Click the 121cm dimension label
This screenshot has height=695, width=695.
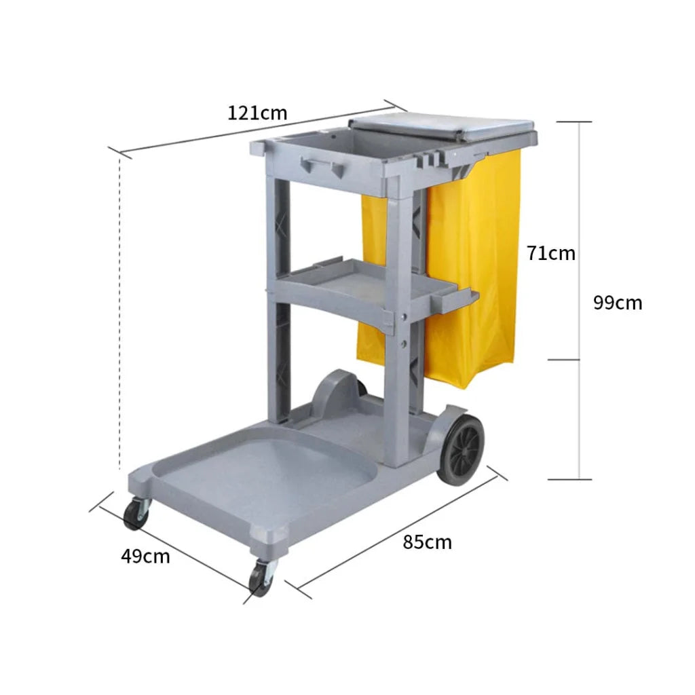click(x=257, y=112)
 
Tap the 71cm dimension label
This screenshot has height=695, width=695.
click(x=550, y=253)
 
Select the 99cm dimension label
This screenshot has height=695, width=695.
click(x=617, y=302)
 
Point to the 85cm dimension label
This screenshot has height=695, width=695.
click(x=427, y=542)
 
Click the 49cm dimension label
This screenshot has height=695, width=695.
click(x=145, y=557)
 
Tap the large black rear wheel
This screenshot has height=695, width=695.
click(x=461, y=449)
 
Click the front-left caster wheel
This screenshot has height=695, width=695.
click(x=136, y=514)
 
